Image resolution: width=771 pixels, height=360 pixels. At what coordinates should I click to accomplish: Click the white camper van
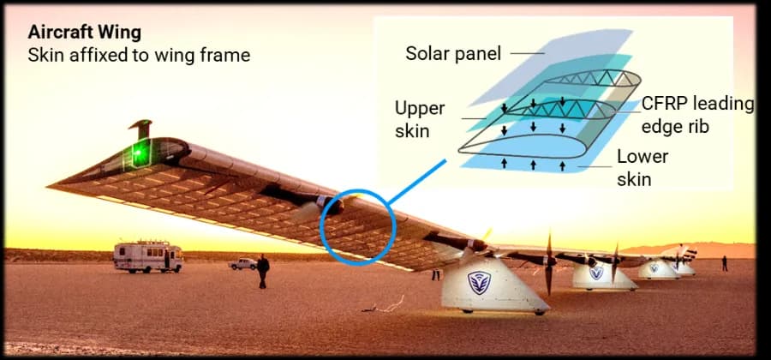[148, 255]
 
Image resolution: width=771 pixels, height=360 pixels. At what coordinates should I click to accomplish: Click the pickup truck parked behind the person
[242, 264]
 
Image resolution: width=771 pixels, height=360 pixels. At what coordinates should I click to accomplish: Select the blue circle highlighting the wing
[357, 226]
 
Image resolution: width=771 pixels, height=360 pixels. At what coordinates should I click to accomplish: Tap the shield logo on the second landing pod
[596, 273]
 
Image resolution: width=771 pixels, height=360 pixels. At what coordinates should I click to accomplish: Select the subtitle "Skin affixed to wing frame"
[140, 55]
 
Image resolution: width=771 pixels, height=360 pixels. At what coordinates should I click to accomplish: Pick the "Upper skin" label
[420, 119]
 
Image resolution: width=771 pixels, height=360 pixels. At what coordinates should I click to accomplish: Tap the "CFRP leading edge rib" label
[696, 114]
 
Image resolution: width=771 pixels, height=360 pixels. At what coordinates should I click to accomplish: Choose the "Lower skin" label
[642, 168]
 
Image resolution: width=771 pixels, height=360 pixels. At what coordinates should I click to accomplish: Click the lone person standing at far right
[725, 263]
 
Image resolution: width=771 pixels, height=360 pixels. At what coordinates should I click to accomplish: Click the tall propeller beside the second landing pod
[548, 263]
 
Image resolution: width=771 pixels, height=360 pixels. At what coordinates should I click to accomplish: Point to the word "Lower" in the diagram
[642, 158]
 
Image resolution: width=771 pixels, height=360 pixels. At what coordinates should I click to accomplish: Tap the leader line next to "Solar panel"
[528, 53]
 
